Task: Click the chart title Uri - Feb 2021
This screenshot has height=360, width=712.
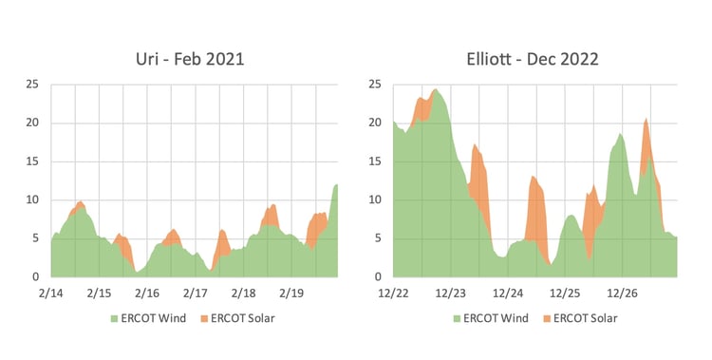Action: coord(190,59)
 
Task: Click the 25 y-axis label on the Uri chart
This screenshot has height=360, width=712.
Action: coord(32,85)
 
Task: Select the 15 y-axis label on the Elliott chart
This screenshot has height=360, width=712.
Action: coord(374,161)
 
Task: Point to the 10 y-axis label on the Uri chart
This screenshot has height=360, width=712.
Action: coord(32,199)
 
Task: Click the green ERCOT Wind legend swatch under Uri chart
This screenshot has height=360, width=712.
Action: coord(114,318)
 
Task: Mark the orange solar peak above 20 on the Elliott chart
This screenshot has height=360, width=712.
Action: coord(646,121)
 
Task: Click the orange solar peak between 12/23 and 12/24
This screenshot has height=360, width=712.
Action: coord(475,147)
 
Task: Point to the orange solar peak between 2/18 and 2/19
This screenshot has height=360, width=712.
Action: coord(272,206)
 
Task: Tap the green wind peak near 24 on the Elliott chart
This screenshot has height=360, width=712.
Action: coord(435,91)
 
